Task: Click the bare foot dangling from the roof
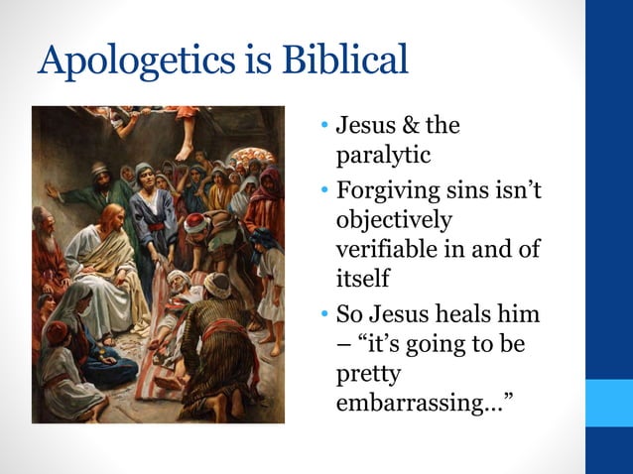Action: click(185, 150)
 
